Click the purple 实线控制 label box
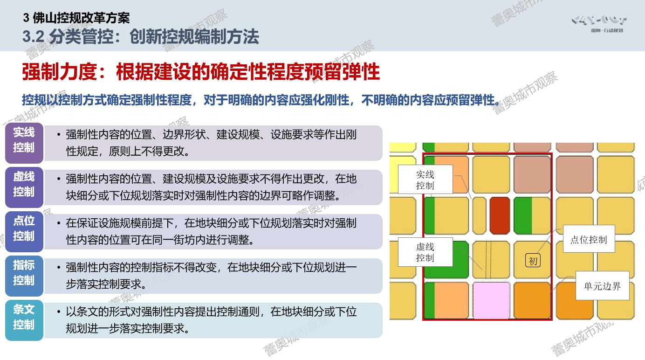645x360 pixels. pos(24,143)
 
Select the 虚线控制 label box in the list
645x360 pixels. pos(24,187)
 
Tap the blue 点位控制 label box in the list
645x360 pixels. pos(24,232)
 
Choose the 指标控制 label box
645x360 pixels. pos(24,276)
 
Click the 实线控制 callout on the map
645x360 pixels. pos(425,179)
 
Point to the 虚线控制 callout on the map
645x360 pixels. pos(425,252)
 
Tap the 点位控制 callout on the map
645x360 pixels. pos(589,239)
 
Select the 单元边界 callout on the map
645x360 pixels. pos(603,286)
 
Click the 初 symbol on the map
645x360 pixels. pos(533,261)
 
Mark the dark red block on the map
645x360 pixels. pos(500,215)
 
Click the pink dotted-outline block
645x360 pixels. pos(491,301)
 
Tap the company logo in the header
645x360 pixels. pos(599,24)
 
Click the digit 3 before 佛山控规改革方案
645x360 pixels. pos(26,18)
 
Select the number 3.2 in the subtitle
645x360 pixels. pos(34,36)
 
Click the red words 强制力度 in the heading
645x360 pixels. pos(59,72)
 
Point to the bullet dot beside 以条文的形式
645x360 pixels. pos(59,312)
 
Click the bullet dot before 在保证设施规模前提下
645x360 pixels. pos(59,223)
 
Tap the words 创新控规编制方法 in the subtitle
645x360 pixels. pos(194,36)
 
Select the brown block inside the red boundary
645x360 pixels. pos(532,174)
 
